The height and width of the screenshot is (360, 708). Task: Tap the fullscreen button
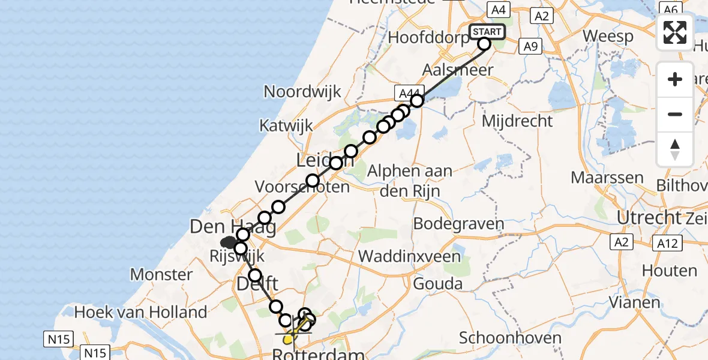point(675,32)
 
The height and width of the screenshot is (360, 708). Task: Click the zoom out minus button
point(675,114)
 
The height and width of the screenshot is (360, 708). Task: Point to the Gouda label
point(442,283)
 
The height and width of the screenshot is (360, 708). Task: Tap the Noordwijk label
point(302,92)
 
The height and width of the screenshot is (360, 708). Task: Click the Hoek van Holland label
point(141,312)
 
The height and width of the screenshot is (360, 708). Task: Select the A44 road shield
point(407,94)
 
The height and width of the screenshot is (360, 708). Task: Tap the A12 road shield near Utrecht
point(667,243)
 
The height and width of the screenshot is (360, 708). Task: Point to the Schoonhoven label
point(510,338)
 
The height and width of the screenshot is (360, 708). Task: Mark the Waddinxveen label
point(409,256)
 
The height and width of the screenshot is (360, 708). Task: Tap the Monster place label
point(161,275)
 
